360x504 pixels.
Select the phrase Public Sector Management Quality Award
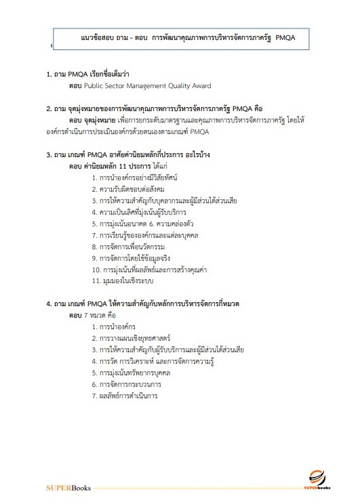pos(149,86)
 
